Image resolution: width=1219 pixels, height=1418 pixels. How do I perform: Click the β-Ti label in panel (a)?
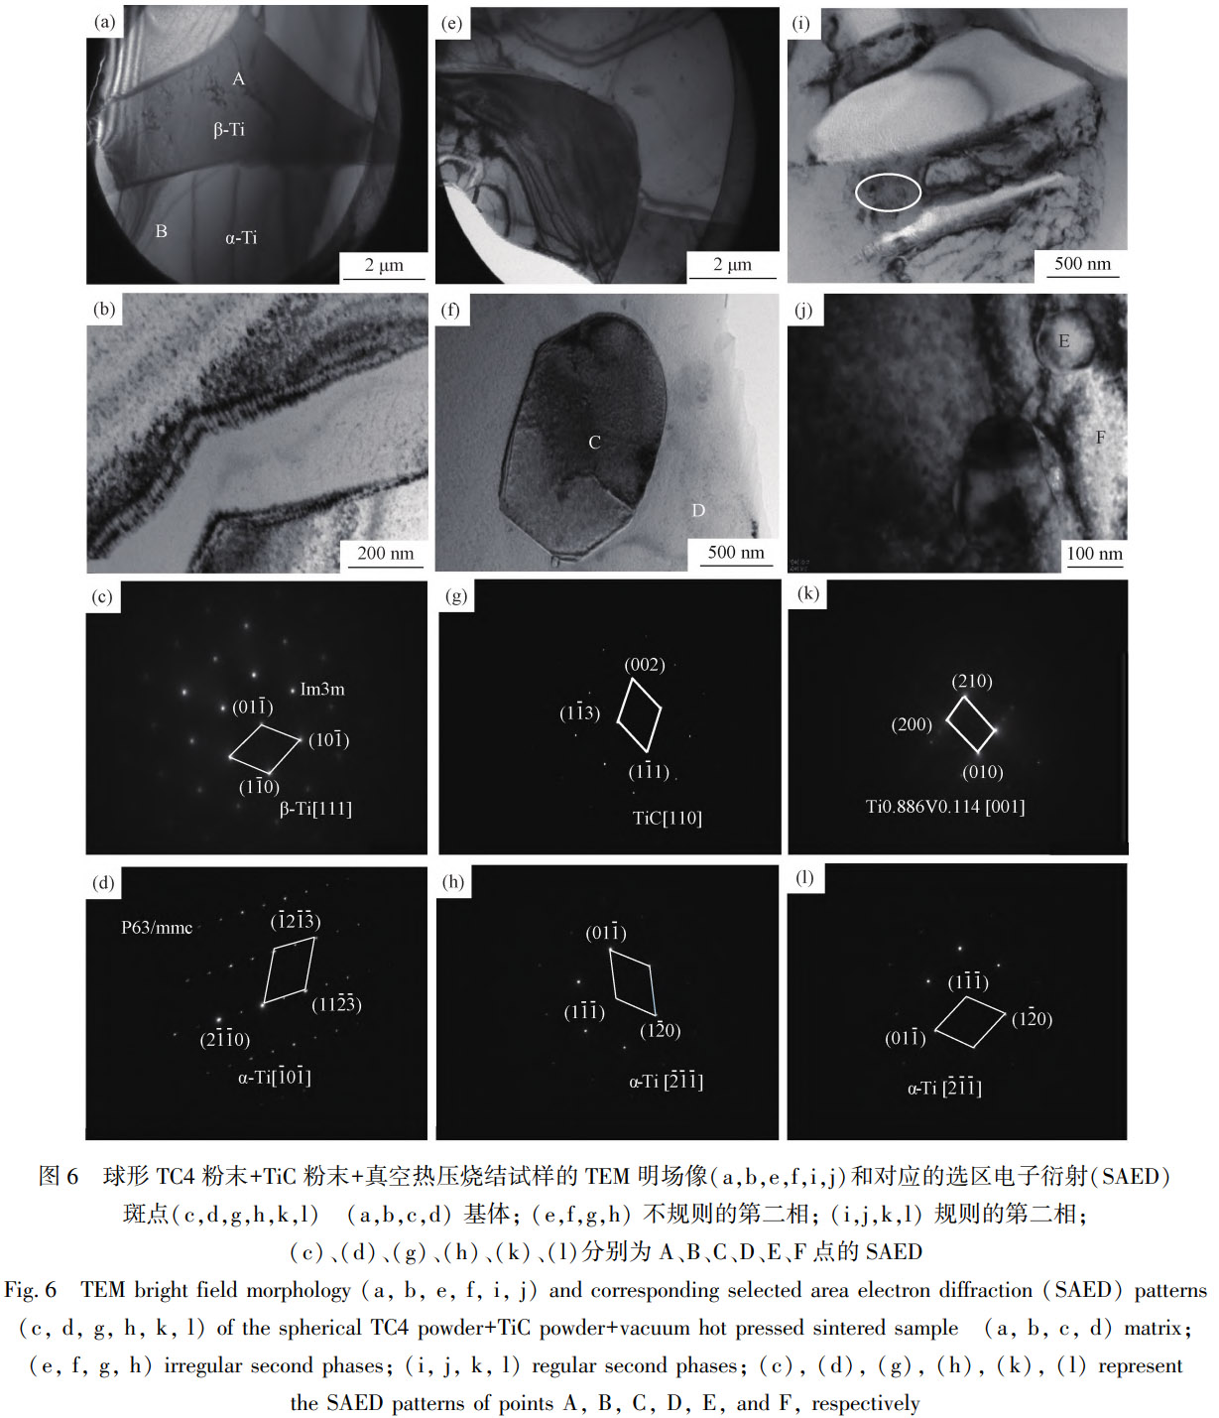229,130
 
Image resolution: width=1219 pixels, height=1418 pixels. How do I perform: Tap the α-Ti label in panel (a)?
241,238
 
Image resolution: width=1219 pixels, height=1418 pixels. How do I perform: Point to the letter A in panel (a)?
239,79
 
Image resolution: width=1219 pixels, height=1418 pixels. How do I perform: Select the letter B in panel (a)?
161,231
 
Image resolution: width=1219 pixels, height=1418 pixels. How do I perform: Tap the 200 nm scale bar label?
385,553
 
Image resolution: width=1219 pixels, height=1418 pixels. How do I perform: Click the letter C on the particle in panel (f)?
594,443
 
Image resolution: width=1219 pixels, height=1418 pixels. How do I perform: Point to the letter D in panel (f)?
698,510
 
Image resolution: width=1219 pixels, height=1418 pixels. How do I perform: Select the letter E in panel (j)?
1064,341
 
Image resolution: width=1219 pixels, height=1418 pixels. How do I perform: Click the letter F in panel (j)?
1100,437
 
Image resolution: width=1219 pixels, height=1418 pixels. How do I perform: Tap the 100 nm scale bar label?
1095,553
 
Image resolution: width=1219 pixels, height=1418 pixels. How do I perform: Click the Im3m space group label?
322,689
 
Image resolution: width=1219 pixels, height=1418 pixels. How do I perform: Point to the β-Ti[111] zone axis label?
315,809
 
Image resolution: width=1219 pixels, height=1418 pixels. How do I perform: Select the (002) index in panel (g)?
645,665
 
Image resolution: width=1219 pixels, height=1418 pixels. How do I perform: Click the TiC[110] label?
668,818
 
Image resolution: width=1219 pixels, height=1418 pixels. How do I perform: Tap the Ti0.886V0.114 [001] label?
945,806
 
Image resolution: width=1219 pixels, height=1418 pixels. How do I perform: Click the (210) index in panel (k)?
972,682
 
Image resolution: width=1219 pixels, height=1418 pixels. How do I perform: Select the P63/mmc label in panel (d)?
157,928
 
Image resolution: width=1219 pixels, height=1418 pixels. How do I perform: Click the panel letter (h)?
453,881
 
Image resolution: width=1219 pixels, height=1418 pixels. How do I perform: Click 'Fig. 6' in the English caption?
30,1290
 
